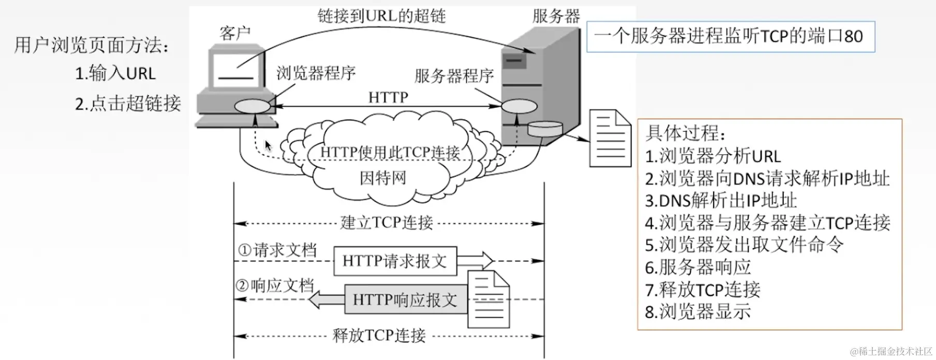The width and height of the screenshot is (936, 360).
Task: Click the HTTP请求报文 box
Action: point(395,261)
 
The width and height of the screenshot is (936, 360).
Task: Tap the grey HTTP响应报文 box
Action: point(406,299)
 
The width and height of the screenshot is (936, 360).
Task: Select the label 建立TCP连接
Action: point(387,222)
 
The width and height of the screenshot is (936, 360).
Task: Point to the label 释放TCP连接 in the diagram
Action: point(379,335)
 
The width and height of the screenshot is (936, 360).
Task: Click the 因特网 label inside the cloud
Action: point(383,178)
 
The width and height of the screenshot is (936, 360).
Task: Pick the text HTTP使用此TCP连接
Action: point(390,152)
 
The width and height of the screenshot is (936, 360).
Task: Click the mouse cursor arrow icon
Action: point(268,145)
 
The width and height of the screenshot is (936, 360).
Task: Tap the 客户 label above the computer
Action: point(235,33)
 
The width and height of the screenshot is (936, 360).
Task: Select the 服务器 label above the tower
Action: point(556,16)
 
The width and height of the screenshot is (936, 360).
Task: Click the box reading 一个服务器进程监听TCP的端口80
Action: point(731,36)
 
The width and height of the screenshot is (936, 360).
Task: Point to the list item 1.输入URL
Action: point(115,73)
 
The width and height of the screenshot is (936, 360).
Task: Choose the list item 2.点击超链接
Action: point(128,103)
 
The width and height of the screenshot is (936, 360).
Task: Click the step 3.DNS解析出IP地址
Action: point(721,201)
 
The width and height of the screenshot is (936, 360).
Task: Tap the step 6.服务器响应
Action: point(698,267)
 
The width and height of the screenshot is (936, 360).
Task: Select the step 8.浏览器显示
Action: point(698,312)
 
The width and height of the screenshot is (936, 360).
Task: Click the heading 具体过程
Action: point(686,133)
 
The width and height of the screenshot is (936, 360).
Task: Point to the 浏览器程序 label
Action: point(316,73)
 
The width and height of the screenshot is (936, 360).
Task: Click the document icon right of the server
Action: point(611,138)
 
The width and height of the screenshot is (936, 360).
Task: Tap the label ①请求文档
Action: point(277,250)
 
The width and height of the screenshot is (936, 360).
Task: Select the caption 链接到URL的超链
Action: point(382,16)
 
